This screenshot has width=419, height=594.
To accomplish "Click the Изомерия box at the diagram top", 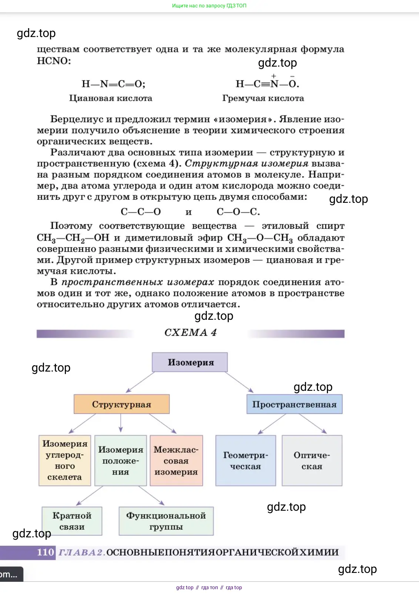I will pyautogui.click(x=190, y=362).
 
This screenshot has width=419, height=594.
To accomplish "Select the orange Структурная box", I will pyautogui.click(x=121, y=404).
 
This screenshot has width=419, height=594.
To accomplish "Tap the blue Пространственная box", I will pyautogui.click(x=294, y=404).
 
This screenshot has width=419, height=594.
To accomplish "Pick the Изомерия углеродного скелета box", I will pyautogui.click(x=65, y=460).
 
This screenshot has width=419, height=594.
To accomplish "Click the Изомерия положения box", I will pyautogui.click(x=121, y=460).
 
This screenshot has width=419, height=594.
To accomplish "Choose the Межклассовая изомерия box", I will pyautogui.click(x=176, y=460).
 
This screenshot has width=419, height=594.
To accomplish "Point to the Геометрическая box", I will pyautogui.click(x=245, y=460).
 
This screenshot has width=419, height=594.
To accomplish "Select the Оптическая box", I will pyautogui.click(x=312, y=460).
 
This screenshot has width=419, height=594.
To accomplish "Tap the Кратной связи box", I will pyautogui.click(x=72, y=521).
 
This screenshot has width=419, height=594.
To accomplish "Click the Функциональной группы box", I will pyautogui.click(x=166, y=521).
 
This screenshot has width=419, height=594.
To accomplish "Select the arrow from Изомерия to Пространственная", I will pyautogui.click(x=239, y=382).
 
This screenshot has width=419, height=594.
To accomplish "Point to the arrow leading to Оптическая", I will pyautogui.click(x=313, y=423).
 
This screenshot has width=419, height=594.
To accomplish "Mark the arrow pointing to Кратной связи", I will pyautogui.click(x=90, y=496).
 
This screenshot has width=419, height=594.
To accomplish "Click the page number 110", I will pyautogui.click(x=46, y=552).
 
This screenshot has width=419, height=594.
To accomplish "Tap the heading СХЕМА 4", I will pyautogui.click(x=190, y=333).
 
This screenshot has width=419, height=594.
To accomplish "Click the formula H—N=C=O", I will pyautogui.click(x=113, y=84).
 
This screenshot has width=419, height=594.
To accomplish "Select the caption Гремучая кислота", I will pyautogui.click(x=263, y=98).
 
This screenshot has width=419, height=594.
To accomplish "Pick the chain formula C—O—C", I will pyautogui.click(x=238, y=212).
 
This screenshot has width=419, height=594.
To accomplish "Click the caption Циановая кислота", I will pyautogui.click(x=111, y=98).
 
